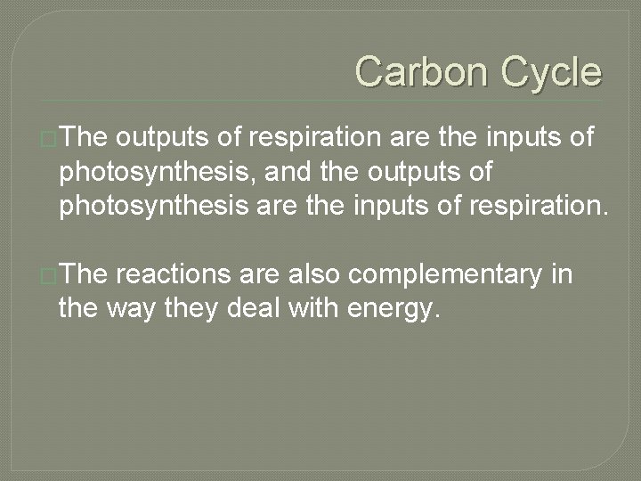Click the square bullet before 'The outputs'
click(48, 139)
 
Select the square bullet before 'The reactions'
click(48, 276)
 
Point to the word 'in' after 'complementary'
click(562, 275)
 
